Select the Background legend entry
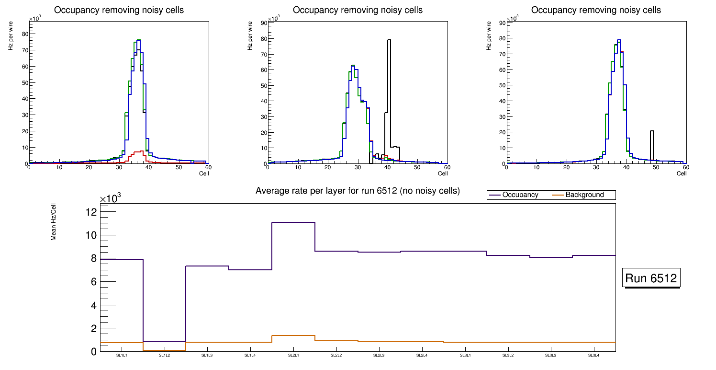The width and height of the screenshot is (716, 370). coord(584,195)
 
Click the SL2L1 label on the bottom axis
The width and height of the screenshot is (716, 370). coord(293,356)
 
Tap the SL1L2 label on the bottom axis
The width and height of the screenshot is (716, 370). coord(164,356)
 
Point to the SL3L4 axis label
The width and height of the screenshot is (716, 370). coord(593,356)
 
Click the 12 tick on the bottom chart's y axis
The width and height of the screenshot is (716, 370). coord(91,212)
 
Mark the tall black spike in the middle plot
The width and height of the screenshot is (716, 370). coord(389,41)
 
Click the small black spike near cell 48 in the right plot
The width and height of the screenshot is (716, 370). coord(652,131)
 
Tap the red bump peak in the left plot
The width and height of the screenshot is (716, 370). coord(142,151)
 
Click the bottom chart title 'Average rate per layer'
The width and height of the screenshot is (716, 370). coord(358,191)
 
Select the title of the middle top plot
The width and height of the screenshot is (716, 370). coord(358,10)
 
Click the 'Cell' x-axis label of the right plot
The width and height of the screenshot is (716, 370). coord(682,173)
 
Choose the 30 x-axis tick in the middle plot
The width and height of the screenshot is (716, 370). coord(358,167)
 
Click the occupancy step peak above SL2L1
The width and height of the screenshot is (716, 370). coord(293,222)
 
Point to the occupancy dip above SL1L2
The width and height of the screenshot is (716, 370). coord(164,341)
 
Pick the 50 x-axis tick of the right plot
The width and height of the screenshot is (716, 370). coord(656,167)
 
